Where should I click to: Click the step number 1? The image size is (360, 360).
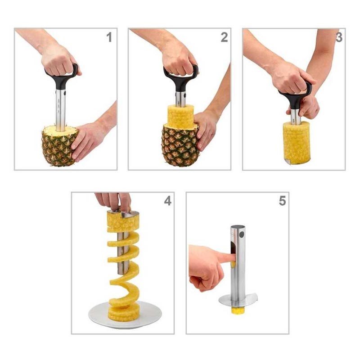tap(109, 37)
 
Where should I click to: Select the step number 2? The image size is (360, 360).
tap(224, 37)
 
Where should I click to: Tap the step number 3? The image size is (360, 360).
tap(339, 37)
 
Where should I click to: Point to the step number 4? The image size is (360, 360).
tap(167, 201)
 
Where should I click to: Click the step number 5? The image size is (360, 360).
tap(283, 201)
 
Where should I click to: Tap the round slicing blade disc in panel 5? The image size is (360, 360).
tap(238, 300)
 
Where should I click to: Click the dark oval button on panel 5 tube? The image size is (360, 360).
tap(241, 235)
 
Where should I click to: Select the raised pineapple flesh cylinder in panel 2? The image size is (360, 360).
tap(180, 116)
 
